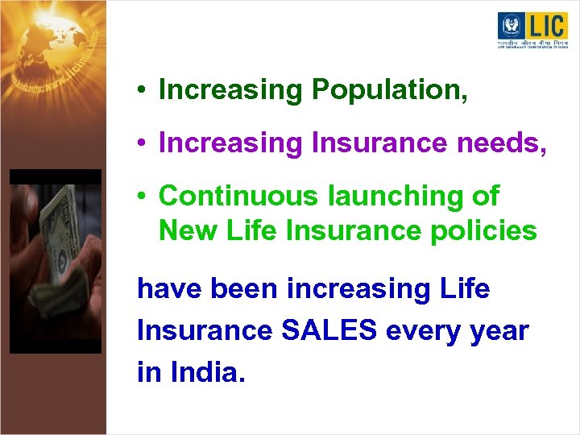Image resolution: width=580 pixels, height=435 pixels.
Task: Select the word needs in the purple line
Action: (505, 143)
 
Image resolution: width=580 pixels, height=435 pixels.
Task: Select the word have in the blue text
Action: (168, 288)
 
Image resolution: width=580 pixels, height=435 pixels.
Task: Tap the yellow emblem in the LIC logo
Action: (511, 26)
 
